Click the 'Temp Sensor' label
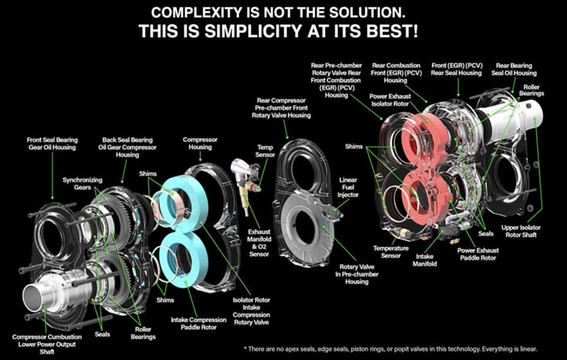265,151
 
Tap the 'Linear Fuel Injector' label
348,187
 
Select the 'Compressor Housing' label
200,143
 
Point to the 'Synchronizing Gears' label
82,183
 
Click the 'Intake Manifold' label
425,260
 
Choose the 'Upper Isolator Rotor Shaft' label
521,232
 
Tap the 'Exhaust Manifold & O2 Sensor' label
258,243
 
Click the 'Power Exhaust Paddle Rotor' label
477,254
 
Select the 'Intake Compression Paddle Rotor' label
199,324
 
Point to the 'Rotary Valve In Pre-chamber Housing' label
356,274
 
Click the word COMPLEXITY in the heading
202,13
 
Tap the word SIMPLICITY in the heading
253,31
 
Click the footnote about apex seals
390,350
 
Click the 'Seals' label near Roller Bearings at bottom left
102,334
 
